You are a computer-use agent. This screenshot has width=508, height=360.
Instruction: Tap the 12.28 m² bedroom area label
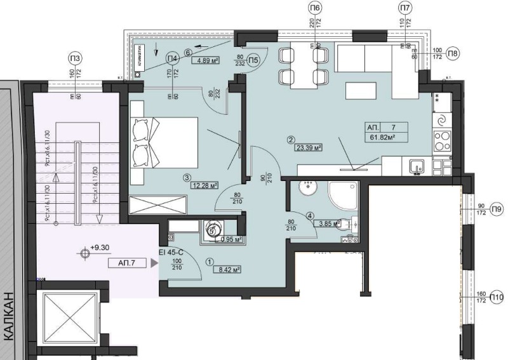click(204, 185)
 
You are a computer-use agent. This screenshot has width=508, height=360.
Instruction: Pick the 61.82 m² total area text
click(379, 137)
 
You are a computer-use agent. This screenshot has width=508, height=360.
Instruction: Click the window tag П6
click(315, 8)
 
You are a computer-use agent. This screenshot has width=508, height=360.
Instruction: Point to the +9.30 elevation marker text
click(101, 249)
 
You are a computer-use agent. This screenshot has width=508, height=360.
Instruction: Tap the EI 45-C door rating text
click(172, 253)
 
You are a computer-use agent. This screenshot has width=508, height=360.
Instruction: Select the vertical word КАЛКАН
click(8, 317)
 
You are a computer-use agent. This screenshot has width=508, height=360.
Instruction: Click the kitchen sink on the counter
click(417, 166)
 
